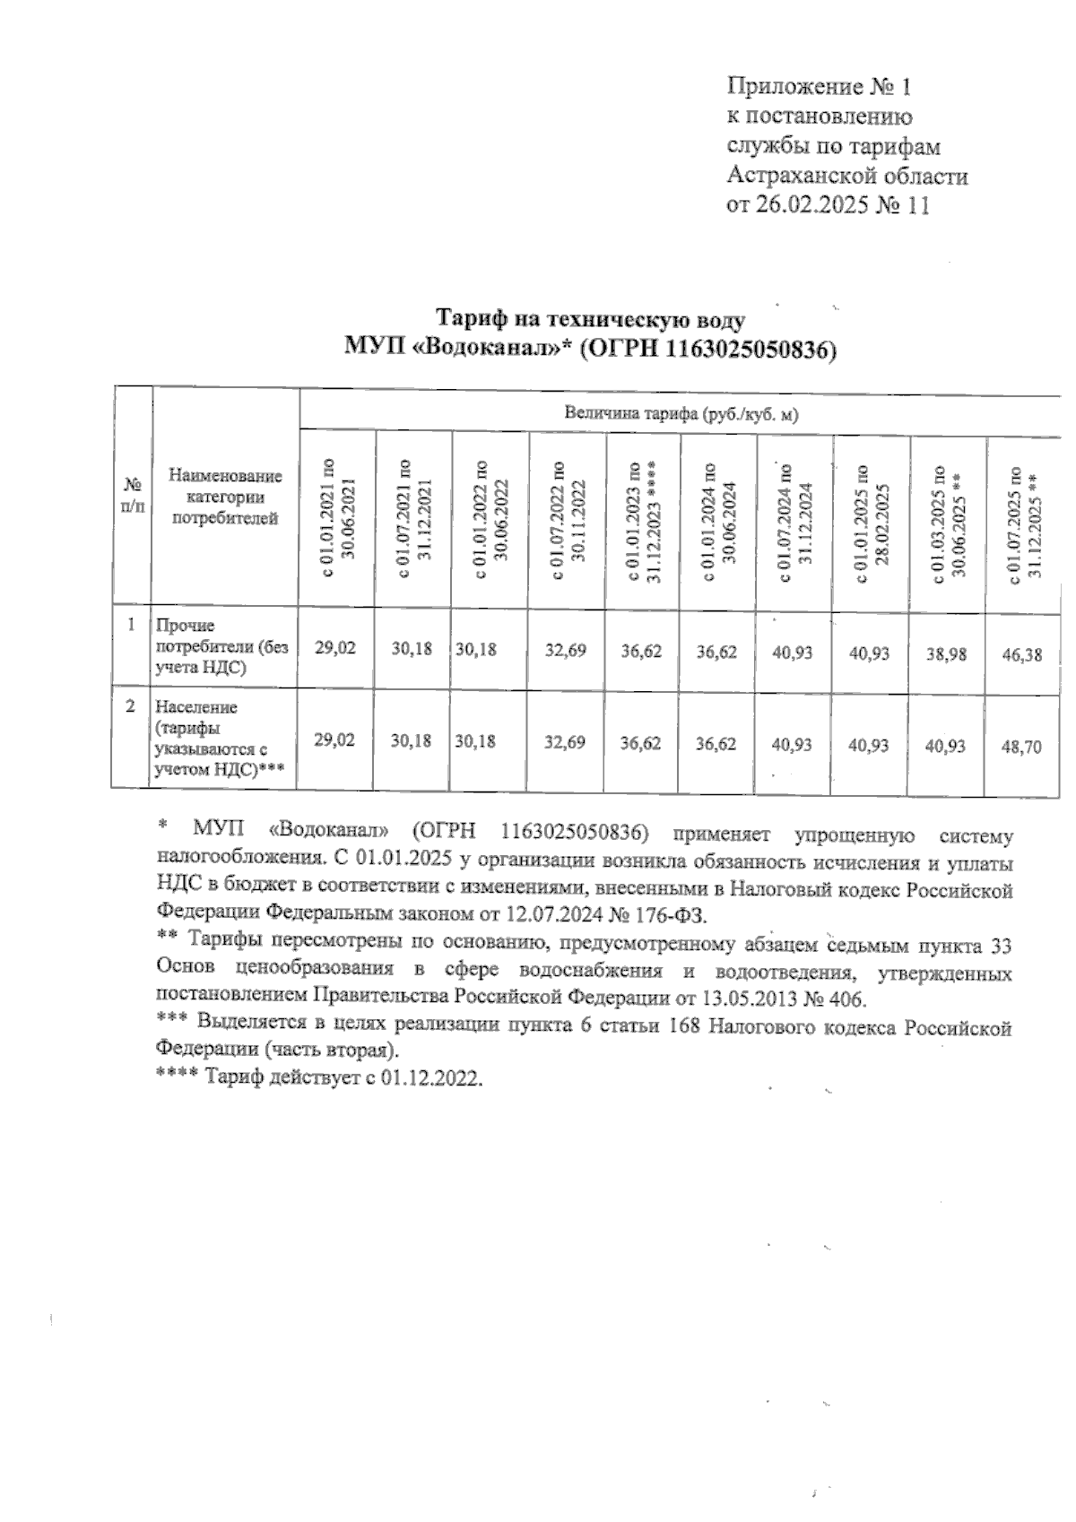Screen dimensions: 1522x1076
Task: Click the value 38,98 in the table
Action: (947, 653)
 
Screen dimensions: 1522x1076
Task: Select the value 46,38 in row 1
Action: (1022, 654)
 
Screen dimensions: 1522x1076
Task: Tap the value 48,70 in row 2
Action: (1022, 745)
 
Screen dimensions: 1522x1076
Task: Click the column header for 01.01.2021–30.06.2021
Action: (338, 520)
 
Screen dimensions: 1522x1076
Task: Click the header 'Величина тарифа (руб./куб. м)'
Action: (681, 415)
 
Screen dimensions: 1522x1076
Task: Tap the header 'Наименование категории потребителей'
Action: (225, 497)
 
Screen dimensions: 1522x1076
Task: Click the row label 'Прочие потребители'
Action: (221, 645)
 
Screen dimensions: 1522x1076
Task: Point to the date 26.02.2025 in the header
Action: (809, 205)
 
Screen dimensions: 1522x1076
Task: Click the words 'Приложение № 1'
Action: (819, 87)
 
